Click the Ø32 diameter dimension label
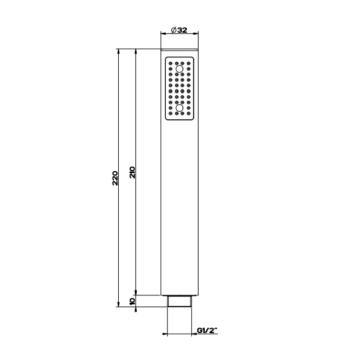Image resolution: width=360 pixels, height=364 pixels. coord(179,30)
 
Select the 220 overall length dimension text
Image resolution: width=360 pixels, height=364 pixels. coord(115,178)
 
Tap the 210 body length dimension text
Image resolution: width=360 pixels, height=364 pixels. coord(132,172)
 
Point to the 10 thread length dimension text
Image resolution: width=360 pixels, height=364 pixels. coord(132,301)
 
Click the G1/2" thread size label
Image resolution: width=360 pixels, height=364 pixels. coord(207,330)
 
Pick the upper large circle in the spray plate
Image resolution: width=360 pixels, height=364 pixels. coord(179,69)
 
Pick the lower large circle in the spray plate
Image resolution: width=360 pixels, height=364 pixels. coord(179,108)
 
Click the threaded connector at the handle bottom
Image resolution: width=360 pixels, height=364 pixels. coord(179,301)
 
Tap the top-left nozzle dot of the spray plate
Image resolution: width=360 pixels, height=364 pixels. coord(171,64)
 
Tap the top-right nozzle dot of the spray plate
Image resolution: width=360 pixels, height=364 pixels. coord(189,64)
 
